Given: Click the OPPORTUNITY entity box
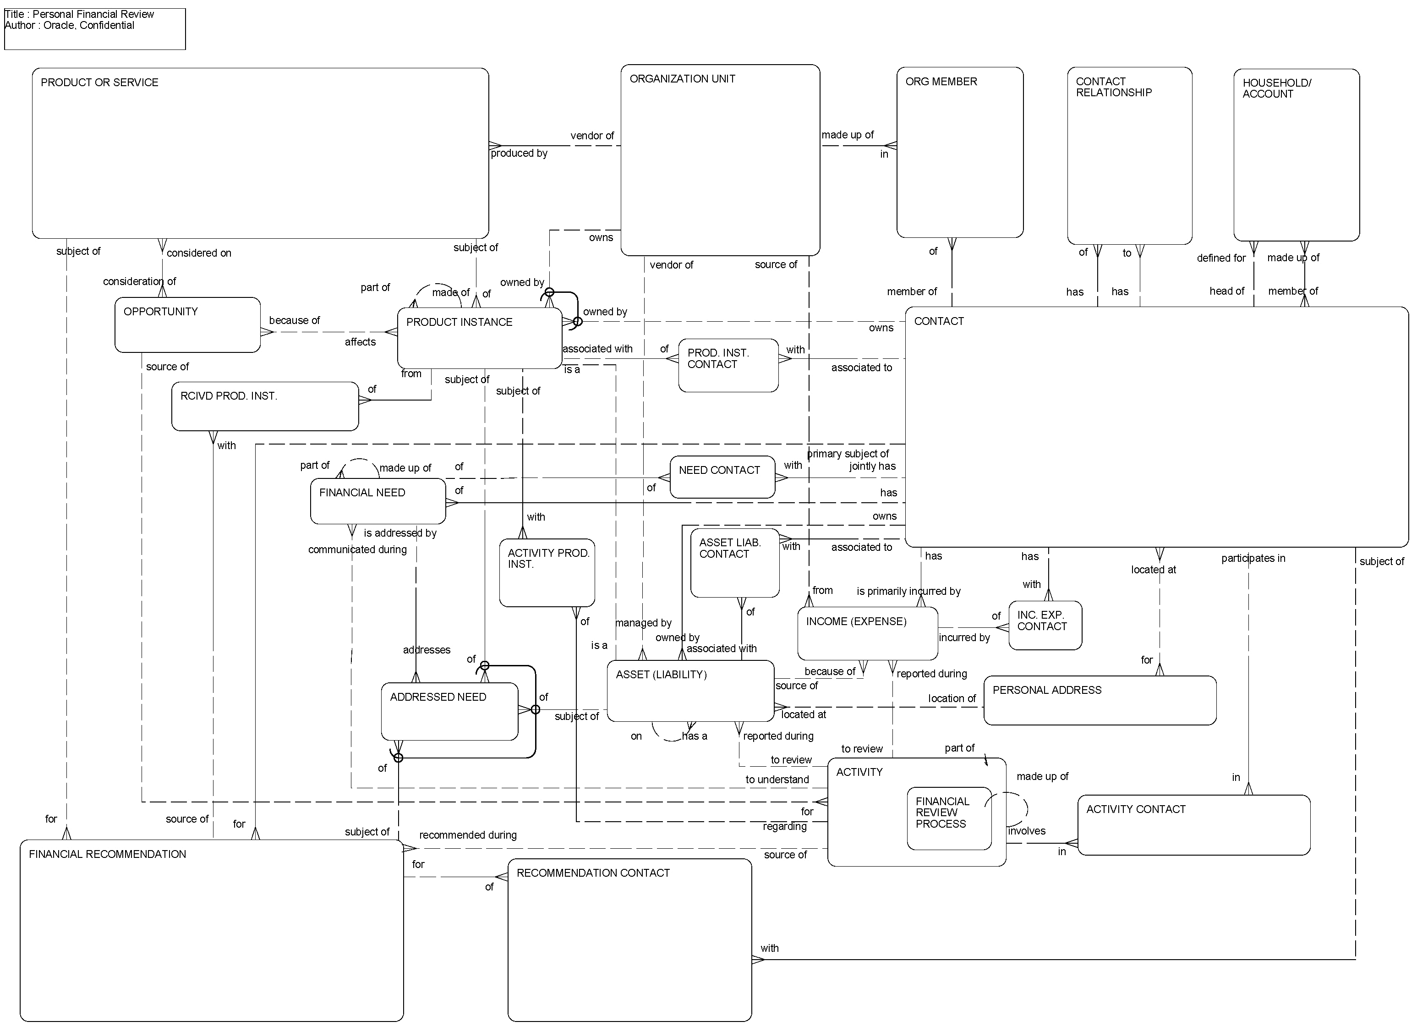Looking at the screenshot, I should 187,325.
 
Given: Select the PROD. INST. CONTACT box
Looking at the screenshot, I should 728,366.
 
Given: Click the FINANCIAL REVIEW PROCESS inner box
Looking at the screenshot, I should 948,818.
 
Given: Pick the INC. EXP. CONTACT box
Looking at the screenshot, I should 1045,626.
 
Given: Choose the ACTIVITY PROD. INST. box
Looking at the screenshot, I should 547,572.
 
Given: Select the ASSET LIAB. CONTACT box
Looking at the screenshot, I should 734,563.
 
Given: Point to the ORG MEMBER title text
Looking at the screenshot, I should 941,82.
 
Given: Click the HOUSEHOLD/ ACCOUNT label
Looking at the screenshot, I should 1276,88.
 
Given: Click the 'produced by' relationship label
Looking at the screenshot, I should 519,153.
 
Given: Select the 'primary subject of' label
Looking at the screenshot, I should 848,454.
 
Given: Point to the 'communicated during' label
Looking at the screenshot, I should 357,549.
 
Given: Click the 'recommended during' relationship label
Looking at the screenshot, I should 467,835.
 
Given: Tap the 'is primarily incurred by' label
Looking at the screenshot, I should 908,591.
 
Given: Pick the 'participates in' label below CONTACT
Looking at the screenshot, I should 1253,558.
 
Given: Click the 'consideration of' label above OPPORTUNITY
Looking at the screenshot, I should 139,281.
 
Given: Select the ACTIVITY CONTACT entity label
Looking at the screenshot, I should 1135,809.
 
